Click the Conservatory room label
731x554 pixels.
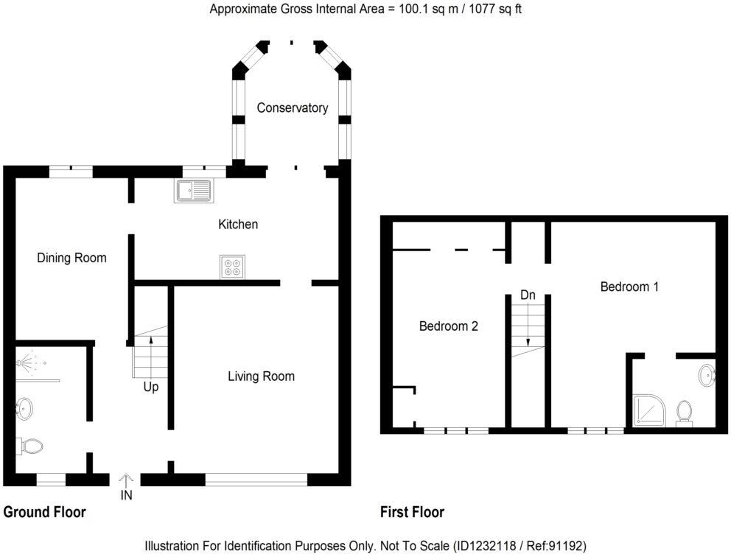pyautogui.click(x=293, y=108)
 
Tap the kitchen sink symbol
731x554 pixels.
pyautogui.click(x=195, y=191)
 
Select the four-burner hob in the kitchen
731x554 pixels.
pyautogui.click(x=233, y=267)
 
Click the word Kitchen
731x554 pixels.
pyautogui.click(x=238, y=225)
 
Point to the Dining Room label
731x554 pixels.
pyautogui.click(x=71, y=258)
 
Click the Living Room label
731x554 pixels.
pyautogui.click(x=261, y=376)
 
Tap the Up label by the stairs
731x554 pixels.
pyautogui.click(x=150, y=388)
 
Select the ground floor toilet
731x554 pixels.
pyautogui.click(x=29, y=446)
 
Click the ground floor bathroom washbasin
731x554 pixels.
pyautogui.click(x=24, y=409)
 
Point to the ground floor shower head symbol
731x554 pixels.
pyautogui.click(x=31, y=362)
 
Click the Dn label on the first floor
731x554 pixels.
pyautogui.click(x=528, y=295)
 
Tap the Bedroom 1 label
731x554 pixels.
pyautogui.click(x=629, y=287)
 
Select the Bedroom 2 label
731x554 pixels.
pyautogui.click(x=449, y=326)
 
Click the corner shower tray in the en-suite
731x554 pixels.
pyautogui.click(x=650, y=410)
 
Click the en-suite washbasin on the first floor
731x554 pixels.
pyautogui.click(x=707, y=375)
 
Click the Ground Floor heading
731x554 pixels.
pyautogui.click(x=45, y=512)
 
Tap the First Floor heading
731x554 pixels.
pyautogui.click(x=412, y=512)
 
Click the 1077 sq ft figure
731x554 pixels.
pyautogui.click(x=495, y=9)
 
